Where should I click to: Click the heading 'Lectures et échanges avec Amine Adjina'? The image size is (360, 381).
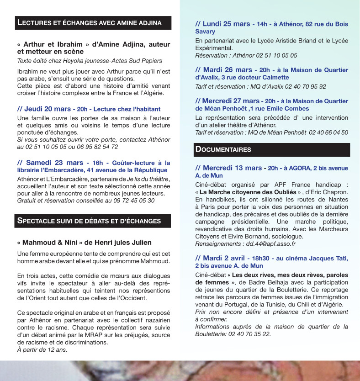pos(89,23)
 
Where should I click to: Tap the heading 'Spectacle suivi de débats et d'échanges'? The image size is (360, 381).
pos(89,221)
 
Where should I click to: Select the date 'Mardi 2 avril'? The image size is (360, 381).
pos(224,258)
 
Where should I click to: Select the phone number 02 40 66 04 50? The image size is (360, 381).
pos(323,132)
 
